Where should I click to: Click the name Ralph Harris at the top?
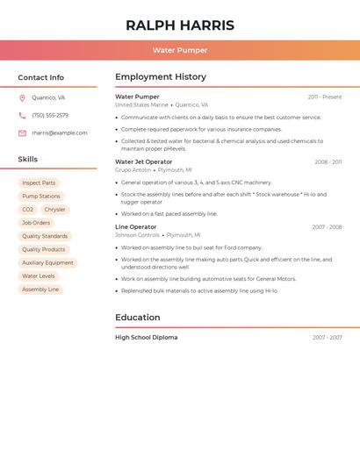tap(180, 25)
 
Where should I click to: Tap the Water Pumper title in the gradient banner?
tap(180, 51)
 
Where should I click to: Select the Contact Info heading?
tap(41, 77)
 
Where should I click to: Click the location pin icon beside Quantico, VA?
tap(22, 98)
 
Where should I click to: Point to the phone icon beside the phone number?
tap(22, 116)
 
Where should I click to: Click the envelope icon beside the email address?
tap(22, 133)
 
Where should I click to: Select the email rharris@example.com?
tap(60, 133)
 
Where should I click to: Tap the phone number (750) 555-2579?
tap(50, 116)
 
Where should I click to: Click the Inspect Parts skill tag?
tap(39, 183)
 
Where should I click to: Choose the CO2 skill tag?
tap(27, 210)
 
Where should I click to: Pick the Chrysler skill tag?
tap(54, 210)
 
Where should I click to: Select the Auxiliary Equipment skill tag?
tap(47, 263)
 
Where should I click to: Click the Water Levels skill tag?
tap(39, 276)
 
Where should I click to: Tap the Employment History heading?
tap(161, 77)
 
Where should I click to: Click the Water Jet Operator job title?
tap(144, 162)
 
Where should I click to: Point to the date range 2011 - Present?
tap(325, 97)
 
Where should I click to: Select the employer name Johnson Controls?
tap(137, 235)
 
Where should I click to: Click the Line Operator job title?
tap(136, 227)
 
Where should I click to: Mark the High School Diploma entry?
tap(147, 338)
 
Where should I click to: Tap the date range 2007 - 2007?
tap(327, 338)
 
